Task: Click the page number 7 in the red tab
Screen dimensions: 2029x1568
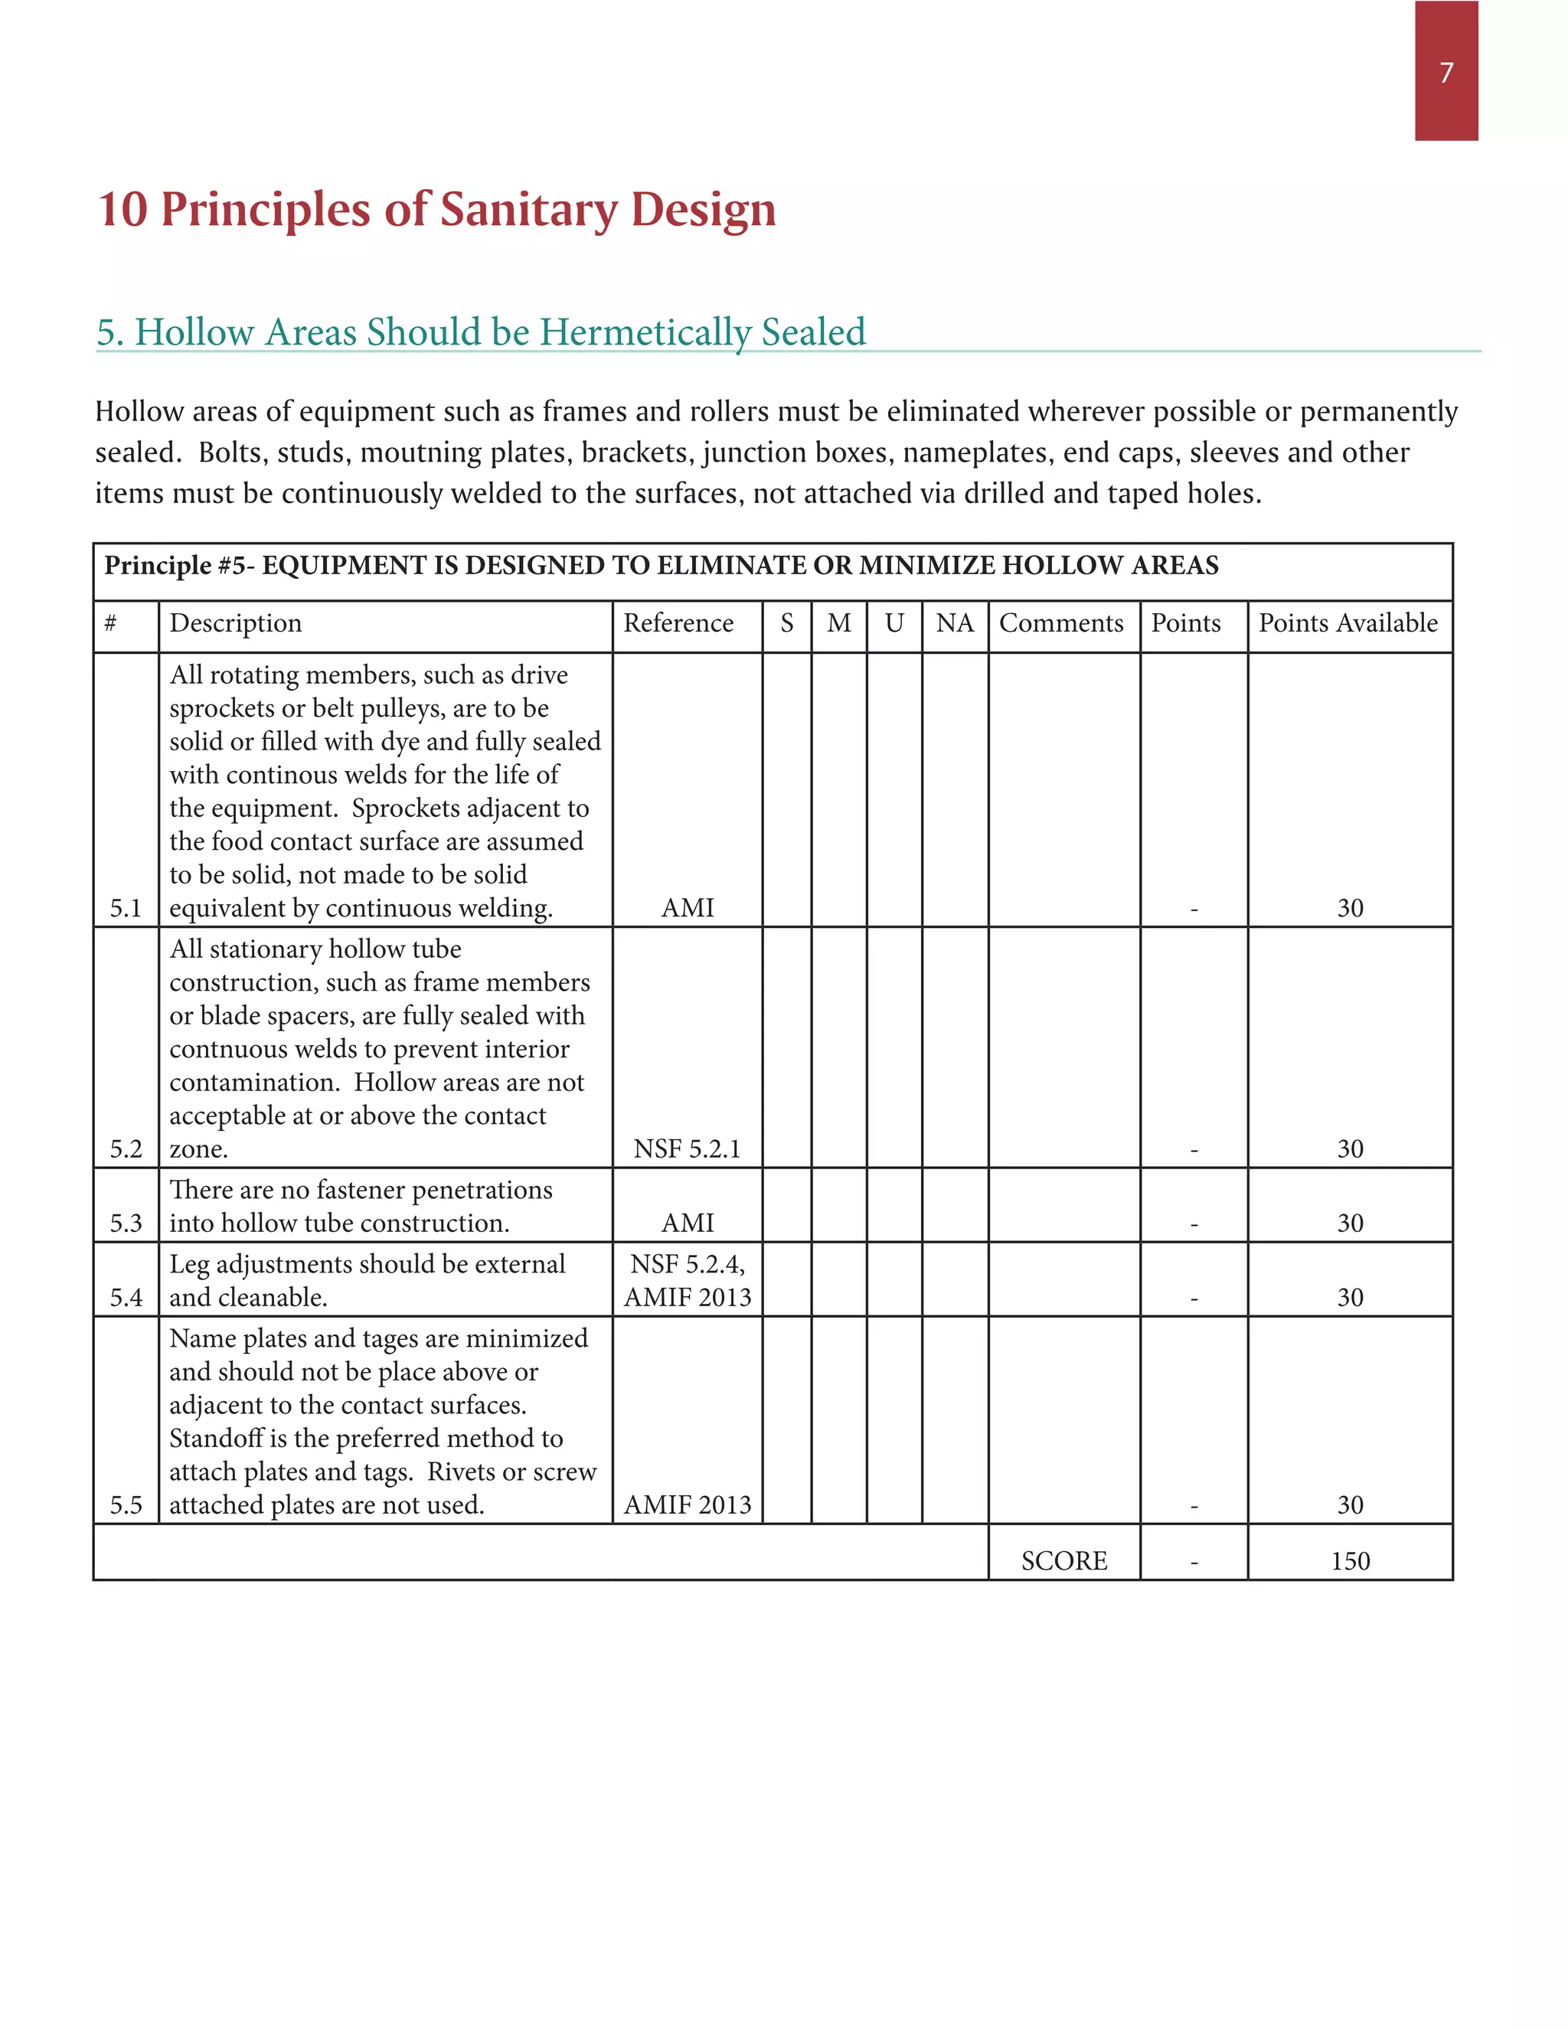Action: [1445, 73]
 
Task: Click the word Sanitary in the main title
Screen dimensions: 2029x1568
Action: [528, 209]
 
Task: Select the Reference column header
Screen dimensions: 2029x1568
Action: [678, 622]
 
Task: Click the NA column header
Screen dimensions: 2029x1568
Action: [954, 622]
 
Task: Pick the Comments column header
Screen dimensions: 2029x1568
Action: [1061, 622]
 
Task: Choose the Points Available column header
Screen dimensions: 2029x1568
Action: [1347, 622]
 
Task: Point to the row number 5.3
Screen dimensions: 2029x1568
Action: [126, 1223]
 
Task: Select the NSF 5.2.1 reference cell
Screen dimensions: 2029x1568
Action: [687, 1149]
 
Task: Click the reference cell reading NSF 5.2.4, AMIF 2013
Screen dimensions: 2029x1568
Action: [687, 1280]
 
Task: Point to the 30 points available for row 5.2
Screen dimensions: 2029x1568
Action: [1350, 1149]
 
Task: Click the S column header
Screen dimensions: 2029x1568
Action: [787, 622]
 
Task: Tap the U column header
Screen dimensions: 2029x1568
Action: [893, 622]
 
